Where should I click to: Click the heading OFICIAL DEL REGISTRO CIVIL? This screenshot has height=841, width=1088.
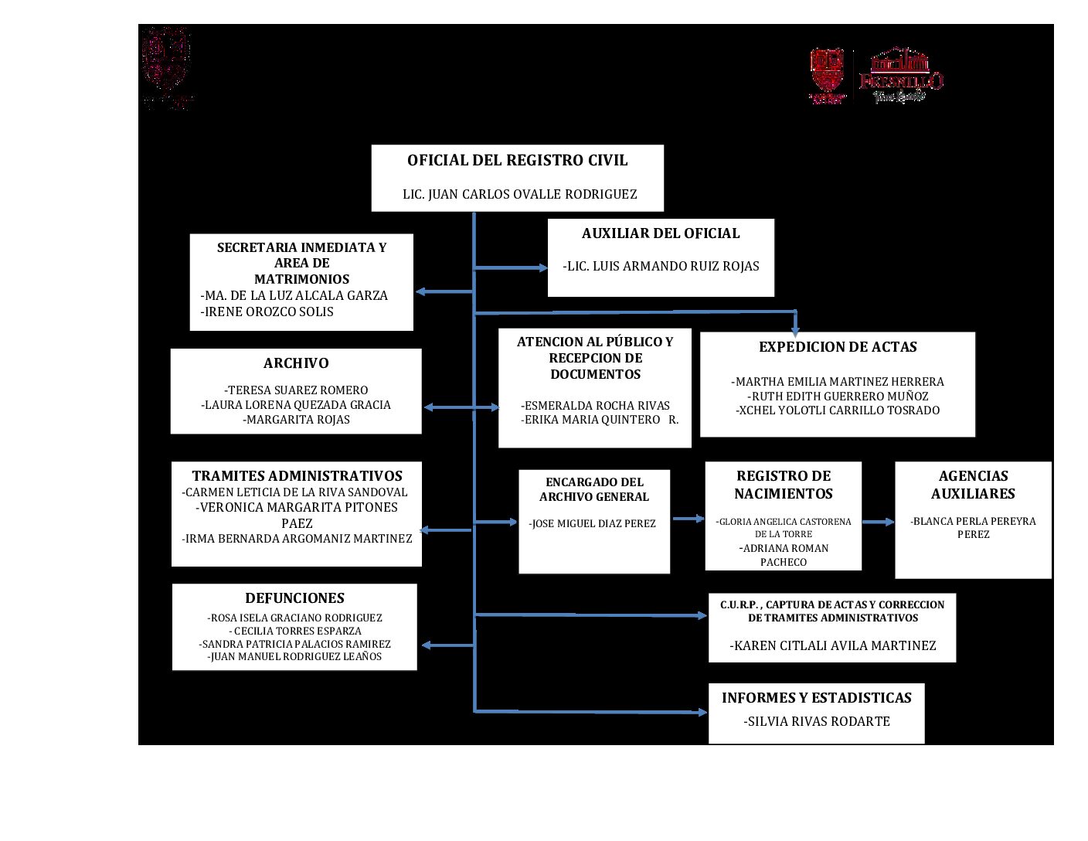[x=517, y=161]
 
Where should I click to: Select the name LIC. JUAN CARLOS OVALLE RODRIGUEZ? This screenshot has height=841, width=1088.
[x=519, y=194]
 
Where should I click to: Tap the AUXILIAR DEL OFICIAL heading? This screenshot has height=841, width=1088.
[x=661, y=233]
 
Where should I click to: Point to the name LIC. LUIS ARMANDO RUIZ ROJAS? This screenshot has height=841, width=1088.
[x=661, y=266]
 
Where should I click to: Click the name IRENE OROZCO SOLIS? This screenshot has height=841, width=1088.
[x=267, y=312]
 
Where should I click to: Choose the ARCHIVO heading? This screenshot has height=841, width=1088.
[x=296, y=363]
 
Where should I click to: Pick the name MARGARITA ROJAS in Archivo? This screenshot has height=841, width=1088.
[x=296, y=420]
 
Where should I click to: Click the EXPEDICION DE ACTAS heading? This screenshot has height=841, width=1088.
[x=838, y=347]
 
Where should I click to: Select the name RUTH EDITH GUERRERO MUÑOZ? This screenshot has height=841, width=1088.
[x=838, y=396]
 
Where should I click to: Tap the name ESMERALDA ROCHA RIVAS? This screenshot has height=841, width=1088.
[x=595, y=406]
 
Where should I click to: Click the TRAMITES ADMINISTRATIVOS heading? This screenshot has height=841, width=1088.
[x=297, y=476]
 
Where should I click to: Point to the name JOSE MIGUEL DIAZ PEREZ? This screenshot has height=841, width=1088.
[x=593, y=523]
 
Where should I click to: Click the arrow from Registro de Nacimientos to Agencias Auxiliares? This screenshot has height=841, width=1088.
[x=878, y=523]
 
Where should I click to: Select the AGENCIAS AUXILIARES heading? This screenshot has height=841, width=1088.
[x=973, y=485]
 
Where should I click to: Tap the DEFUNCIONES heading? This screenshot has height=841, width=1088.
[x=294, y=598]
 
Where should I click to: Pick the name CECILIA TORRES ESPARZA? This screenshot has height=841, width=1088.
[x=296, y=631]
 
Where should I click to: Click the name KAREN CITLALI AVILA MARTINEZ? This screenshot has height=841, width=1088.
[x=832, y=645]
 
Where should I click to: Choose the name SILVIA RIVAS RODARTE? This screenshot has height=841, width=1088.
[x=817, y=721]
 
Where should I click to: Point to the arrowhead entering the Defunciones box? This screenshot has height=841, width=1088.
[x=426, y=645]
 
